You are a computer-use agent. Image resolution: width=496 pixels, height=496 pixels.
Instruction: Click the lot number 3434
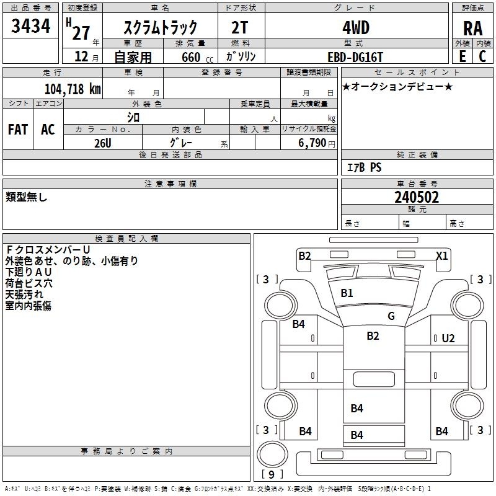(30, 26)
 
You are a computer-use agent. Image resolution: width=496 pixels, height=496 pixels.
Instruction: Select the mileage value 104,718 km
(73, 89)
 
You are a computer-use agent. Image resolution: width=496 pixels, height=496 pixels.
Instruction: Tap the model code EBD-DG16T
(355, 58)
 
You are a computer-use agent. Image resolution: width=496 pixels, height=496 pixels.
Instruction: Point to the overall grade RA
(473, 29)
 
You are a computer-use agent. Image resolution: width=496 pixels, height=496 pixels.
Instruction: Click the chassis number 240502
(417, 197)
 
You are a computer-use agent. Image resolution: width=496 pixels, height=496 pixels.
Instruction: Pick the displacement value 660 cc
(197, 58)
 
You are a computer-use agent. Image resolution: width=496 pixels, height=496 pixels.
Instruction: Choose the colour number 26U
(103, 143)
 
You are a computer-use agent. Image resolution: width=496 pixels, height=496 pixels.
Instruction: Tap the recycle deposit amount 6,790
(312, 143)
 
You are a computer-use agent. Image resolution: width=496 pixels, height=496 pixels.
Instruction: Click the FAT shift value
(18, 130)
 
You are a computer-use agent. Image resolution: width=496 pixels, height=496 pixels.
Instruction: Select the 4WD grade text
(356, 28)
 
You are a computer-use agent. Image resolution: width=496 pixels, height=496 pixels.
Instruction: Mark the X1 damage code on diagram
(442, 255)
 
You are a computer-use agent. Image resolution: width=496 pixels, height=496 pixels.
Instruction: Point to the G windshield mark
(391, 316)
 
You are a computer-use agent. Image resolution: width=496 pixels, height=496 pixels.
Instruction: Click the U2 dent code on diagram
(448, 339)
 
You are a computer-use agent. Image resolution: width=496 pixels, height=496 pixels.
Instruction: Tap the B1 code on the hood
(347, 293)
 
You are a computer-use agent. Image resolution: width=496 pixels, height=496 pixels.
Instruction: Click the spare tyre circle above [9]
(272, 454)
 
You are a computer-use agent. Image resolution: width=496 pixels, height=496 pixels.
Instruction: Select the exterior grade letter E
(463, 56)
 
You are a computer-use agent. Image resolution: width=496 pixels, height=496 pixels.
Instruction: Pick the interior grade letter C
(482, 56)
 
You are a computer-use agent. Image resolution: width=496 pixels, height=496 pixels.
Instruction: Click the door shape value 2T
(240, 28)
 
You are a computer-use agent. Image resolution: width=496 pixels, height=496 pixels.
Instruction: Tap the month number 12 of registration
(81, 56)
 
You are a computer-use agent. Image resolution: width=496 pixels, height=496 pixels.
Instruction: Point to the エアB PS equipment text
(364, 167)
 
